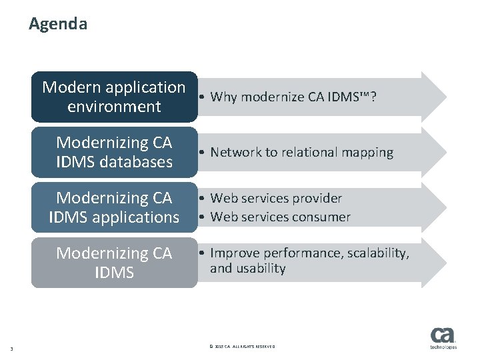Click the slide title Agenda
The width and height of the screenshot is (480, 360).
click(x=58, y=25)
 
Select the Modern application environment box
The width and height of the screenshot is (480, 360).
click(x=114, y=97)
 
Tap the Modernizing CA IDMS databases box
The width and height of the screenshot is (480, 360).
click(x=114, y=152)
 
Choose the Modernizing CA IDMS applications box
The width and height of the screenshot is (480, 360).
click(x=114, y=207)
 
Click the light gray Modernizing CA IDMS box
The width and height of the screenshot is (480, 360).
click(x=114, y=263)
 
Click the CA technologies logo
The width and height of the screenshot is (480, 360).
click(x=443, y=339)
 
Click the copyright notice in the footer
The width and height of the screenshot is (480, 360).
click(x=241, y=347)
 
